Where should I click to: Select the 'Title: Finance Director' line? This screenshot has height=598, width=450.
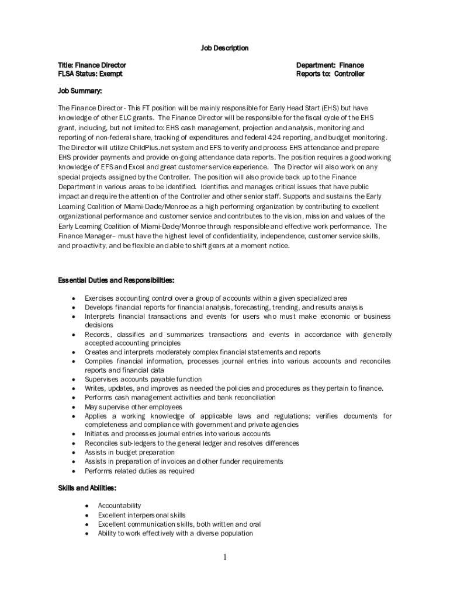point(92,65)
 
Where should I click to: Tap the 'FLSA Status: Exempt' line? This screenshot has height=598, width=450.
point(90,74)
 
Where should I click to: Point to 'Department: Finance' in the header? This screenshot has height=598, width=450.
point(330,65)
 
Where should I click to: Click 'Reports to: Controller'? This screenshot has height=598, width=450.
point(330,74)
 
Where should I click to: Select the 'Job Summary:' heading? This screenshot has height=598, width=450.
point(79,91)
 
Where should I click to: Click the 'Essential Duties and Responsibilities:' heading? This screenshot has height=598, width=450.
point(116,280)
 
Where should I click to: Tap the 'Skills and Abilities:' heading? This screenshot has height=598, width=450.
point(86,488)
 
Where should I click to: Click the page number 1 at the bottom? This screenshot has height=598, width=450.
point(224,558)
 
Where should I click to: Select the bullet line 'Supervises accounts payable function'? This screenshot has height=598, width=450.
point(143,379)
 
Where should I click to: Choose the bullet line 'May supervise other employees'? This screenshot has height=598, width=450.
point(134,406)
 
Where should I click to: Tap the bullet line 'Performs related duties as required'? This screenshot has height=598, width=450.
point(139,471)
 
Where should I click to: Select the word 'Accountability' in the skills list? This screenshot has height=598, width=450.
point(119,506)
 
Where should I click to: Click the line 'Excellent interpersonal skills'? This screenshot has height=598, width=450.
point(141,515)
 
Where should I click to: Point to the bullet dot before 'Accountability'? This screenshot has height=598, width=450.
point(86,506)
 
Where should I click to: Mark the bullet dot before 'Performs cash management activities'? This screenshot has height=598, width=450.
point(73,398)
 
